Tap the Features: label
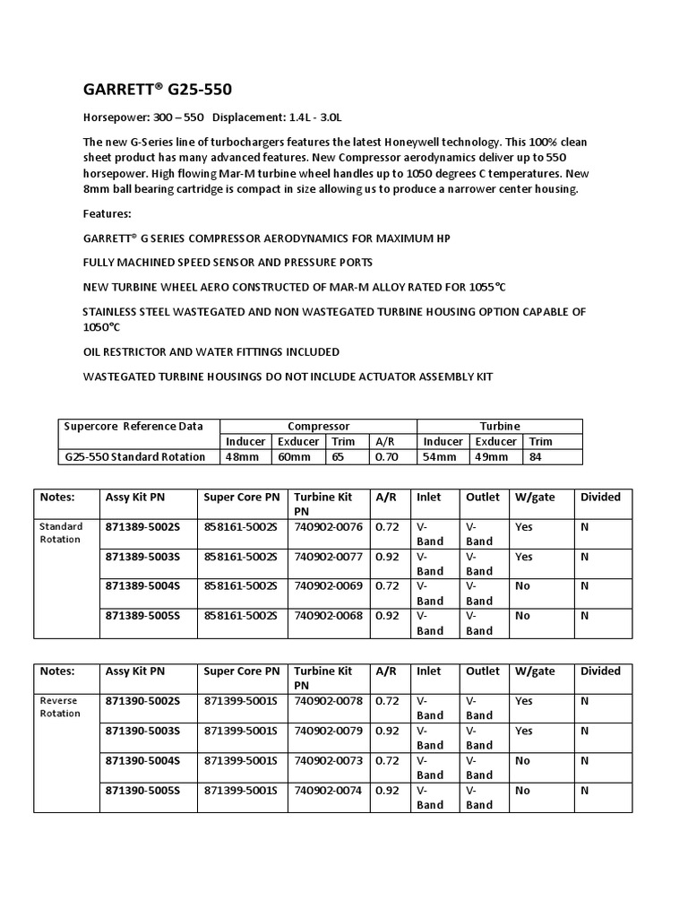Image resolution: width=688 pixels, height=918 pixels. coord(107,214)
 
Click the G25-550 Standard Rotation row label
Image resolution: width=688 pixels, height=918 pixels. coord(135,456)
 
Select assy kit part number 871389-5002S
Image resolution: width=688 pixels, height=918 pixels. coord(142,527)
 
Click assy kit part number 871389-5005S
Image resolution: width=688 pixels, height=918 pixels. coord(142,616)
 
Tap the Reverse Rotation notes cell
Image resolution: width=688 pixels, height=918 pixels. coord(59,707)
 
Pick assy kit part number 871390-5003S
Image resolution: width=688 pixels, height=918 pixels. coord(142,731)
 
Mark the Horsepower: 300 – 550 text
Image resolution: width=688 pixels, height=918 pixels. coord(143,117)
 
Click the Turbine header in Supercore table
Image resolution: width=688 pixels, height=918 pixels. coord(499,426)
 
